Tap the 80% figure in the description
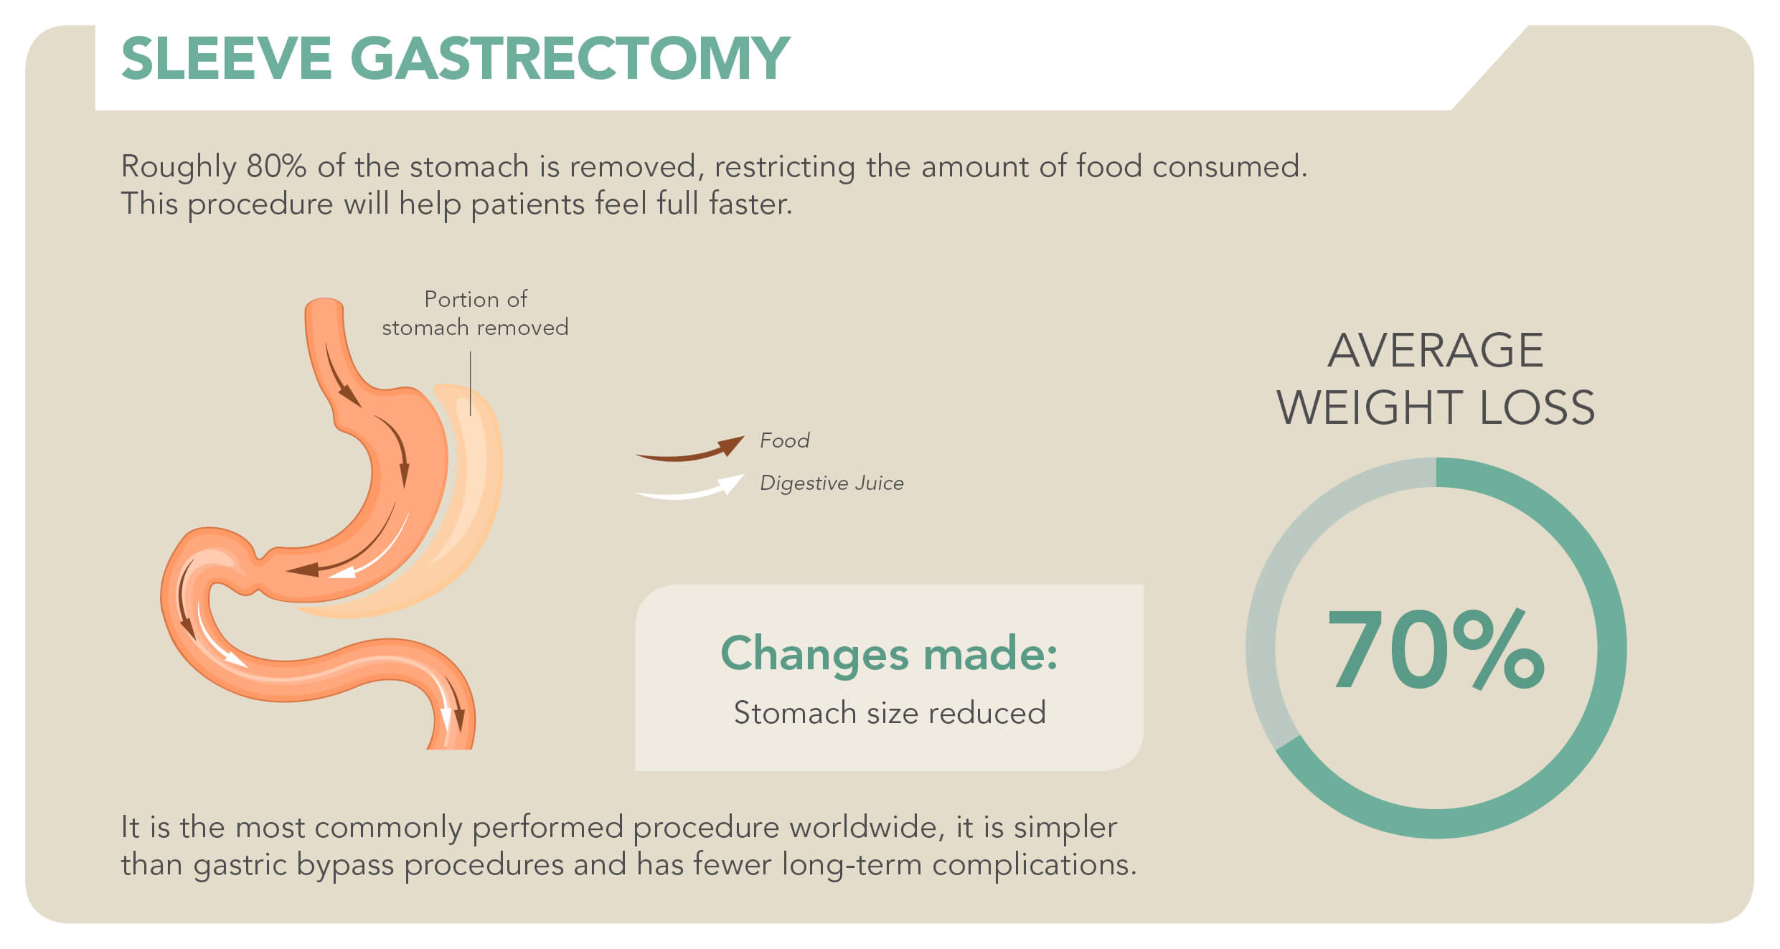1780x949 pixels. [277, 166]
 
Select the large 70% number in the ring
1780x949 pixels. [1436, 650]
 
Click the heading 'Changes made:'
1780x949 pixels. [889, 654]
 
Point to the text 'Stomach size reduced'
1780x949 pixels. [890, 713]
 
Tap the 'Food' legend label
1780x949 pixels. [785, 440]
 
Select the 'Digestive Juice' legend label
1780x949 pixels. [832, 483]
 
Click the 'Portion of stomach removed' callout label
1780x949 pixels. [475, 313]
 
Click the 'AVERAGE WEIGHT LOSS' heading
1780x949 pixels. [1436, 379]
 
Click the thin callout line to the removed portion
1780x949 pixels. [471, 384]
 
